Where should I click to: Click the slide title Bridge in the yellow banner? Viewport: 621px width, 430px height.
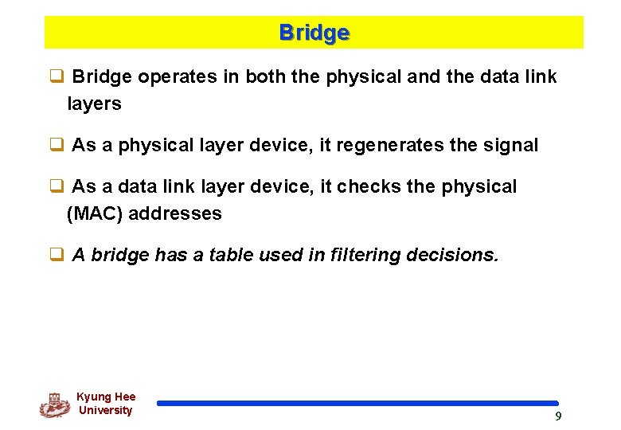click(x=314, y=33)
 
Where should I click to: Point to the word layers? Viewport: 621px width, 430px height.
click(x=94, y=104)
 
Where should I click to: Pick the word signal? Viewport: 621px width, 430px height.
click(x=511, y=145)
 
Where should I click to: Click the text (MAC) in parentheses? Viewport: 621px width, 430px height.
click(x=95, y=213)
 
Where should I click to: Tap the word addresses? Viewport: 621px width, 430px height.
click(x=175, y=213)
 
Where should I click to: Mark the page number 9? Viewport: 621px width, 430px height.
click(x=558, y=416)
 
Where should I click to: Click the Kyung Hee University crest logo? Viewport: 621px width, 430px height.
click(x=54, y=405)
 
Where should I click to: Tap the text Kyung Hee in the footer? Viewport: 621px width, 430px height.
click(x=106, y=397)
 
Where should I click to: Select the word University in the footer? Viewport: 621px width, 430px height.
click(x=105, y=410)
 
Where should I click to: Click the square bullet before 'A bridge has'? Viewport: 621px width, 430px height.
click(x=57, y=255)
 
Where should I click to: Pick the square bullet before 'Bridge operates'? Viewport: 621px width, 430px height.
click(x=57, y=76)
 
